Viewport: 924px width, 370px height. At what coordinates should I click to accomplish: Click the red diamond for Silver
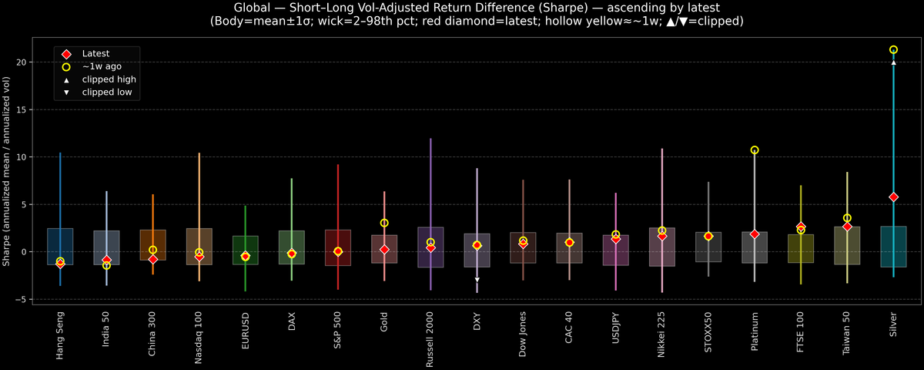coord(893,197)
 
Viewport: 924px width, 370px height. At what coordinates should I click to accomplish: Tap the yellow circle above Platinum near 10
coord(755,150)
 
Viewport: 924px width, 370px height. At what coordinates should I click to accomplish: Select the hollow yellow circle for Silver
coord(893,49)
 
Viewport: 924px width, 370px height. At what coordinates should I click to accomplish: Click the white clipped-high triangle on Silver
coord(893,62)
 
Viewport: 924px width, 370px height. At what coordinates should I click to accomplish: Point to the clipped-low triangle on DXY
coord(477,280)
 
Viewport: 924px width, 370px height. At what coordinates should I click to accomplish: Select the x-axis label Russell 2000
coord(430,340)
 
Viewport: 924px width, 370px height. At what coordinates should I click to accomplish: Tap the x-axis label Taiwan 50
coord(847,335)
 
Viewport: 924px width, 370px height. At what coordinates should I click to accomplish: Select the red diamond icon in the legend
coord(66,54)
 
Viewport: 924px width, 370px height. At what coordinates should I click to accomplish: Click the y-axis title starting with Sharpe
coord(7,171)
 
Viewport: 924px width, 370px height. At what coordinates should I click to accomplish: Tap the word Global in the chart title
coord(252,8)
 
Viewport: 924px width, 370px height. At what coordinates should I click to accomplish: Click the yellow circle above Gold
coord(384,223)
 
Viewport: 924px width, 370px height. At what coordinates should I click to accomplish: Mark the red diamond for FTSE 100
coord(801,227)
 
